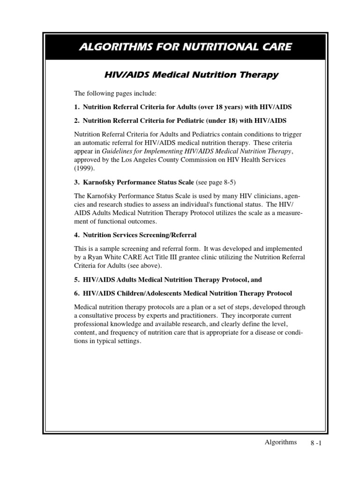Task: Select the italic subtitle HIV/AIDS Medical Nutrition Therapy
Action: click(191, 75)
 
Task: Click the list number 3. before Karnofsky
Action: click(77, 182)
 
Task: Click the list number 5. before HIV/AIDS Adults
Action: click(77, 279)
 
